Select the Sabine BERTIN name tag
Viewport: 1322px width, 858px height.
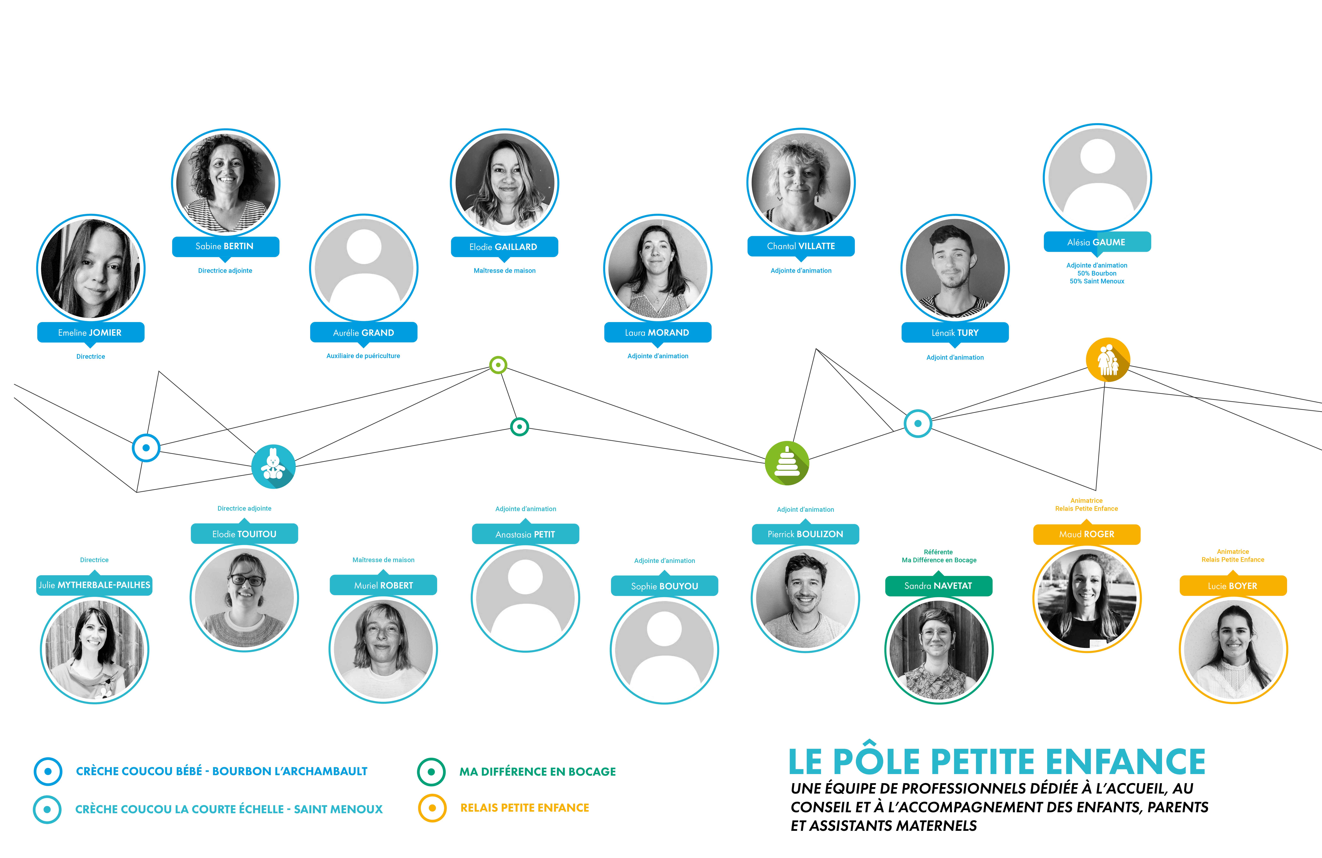[226, 246]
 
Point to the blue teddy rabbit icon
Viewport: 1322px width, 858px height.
[273, 467]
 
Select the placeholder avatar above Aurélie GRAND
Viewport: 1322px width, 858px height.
[364, 268]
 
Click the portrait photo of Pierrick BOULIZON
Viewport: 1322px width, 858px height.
[805, 598]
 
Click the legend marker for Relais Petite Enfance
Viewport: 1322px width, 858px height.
[432, 808]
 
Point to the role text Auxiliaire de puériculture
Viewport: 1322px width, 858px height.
[363, 356]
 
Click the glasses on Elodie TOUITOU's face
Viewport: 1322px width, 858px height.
[247, 580]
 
